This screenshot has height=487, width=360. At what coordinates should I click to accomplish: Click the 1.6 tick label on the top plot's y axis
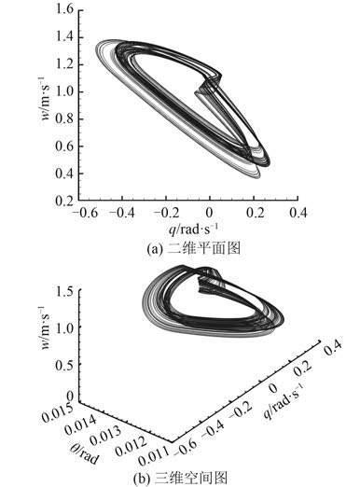coord(64,9)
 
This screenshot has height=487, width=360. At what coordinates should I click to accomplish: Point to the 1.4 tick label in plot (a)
coord(64,37)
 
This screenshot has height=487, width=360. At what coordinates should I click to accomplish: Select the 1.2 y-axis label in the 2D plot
coord(64,64)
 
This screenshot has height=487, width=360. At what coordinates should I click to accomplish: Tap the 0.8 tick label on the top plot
coord(64,118)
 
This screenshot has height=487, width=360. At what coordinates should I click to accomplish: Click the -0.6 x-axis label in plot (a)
coord(85,213)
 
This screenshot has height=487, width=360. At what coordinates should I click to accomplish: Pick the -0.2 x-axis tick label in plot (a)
coord(167,213)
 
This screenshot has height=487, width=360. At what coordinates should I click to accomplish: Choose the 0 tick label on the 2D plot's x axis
coord(210,213)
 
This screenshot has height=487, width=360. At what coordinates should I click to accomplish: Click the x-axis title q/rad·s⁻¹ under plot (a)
coord(193,230)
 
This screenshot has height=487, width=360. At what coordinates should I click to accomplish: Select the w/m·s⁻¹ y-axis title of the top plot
coord(46,98)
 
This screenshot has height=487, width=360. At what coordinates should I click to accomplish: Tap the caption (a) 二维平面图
coord(193,248)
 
